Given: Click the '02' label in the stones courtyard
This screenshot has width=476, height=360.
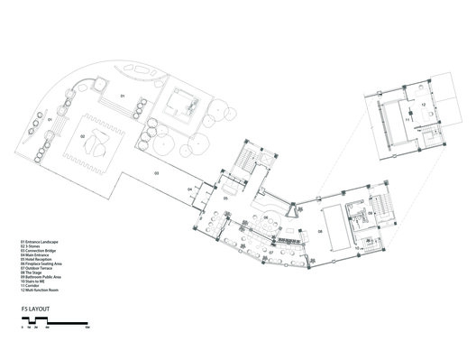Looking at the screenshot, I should click(x=83, y=136).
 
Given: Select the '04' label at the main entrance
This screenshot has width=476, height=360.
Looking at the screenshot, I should click(x=189, y=189).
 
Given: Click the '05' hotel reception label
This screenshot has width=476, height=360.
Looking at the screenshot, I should click(x=227, y=198).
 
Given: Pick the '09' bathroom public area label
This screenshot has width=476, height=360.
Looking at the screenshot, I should click(x=368, y=213).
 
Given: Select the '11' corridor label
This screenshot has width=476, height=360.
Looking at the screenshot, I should click(x=407, y=118).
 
